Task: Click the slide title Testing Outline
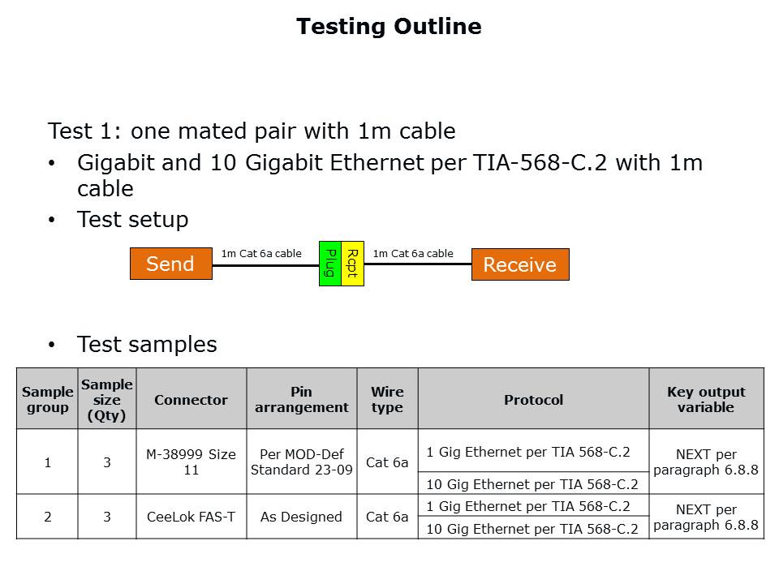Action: [x=389, y=26]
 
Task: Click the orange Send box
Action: [x=171, y=263]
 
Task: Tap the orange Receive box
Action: [x=520, y=264]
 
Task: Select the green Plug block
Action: [x=330, y=263]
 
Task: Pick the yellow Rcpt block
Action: [x=353, y=263]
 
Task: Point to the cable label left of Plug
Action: [x=261, y=253]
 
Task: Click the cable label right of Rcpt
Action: [x=413, y=253]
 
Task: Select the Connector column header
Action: [x=192, y=399]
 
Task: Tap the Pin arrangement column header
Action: [x=302, y=399]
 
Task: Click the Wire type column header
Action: [x=388, y=399]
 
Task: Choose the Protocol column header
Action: [x=534, y=399]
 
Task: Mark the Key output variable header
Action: [x=706, y=399]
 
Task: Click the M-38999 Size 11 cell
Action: [x=192, y=462]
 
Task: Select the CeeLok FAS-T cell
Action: [x=192, y=517]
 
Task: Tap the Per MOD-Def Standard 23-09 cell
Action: [x=302, y=462]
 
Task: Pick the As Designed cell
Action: [x=302, y=517]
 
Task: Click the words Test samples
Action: [x=147, y=344]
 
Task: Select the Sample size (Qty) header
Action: [x=107, y=399]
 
